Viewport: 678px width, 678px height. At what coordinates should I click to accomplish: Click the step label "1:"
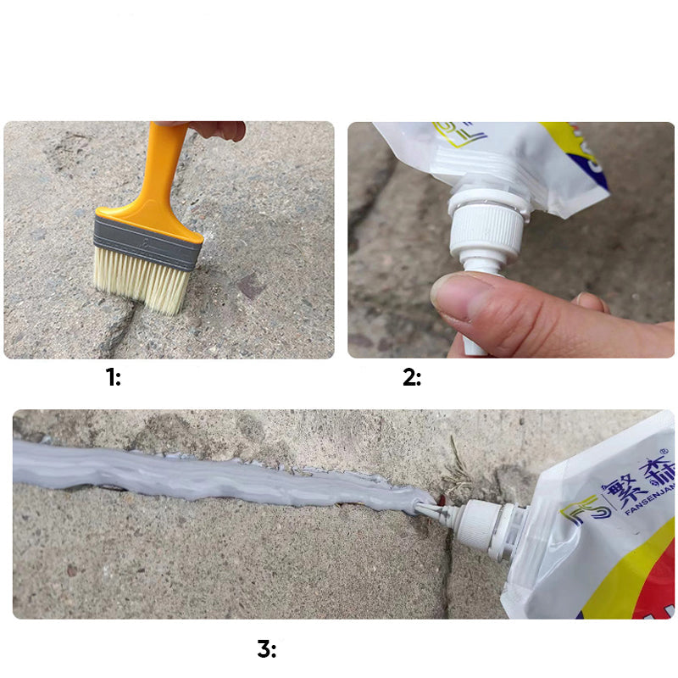[113, 378]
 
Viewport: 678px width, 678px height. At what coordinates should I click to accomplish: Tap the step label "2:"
[411, 378]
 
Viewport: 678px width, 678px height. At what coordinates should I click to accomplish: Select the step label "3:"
[266, 649]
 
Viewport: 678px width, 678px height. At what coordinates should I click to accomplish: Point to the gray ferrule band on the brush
[148, 241]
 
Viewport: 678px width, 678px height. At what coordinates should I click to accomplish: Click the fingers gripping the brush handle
[216, 130]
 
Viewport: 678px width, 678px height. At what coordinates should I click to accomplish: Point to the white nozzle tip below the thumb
[475, 342]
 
